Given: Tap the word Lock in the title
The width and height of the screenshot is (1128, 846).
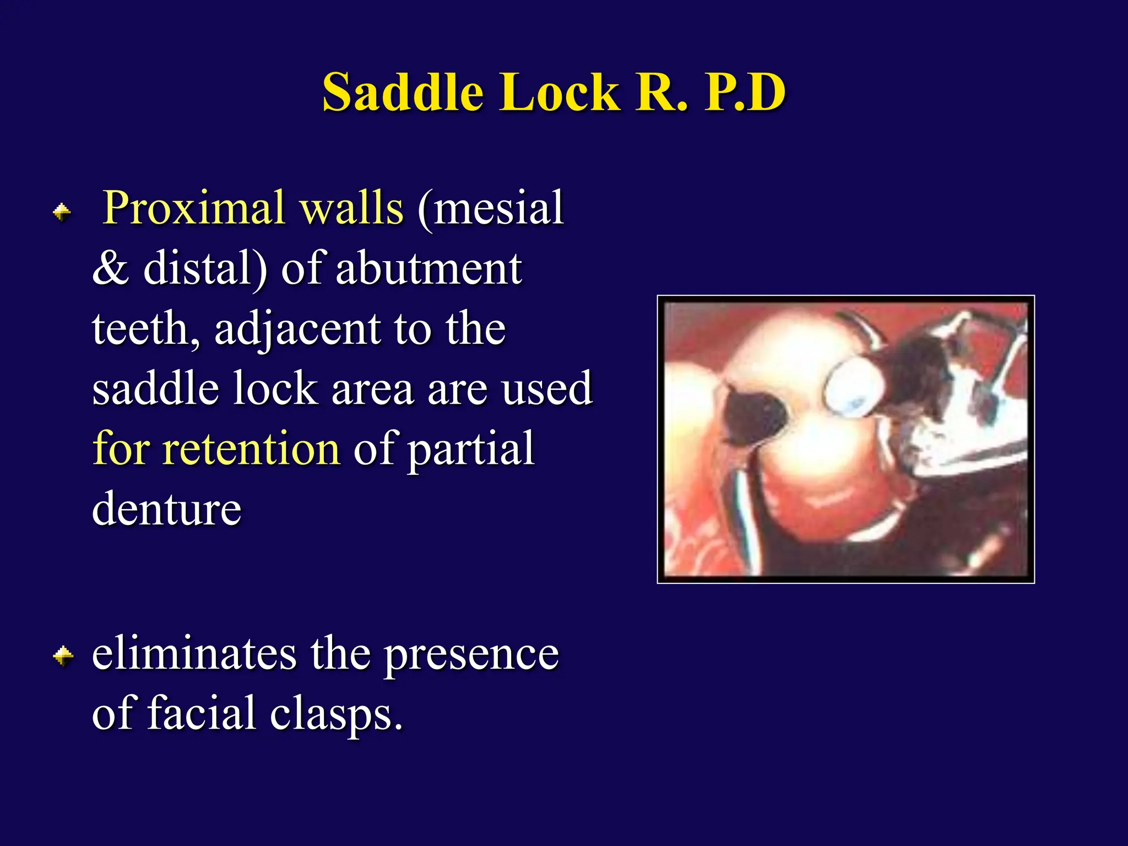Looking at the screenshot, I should click(x=559, y=92).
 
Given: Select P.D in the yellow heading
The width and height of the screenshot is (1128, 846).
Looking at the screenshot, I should click(x=745, y=92).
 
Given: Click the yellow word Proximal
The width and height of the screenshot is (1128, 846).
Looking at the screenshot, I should click(x=194, y=209).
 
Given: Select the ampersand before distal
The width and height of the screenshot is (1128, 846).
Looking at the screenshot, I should click(x=110, y=269).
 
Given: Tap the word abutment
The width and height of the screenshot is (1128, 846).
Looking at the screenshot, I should click(x=429, y=269).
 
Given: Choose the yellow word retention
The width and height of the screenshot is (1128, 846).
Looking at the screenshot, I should click(x=251, y=449).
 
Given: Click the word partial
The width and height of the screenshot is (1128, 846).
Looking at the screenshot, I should click(x=471, y=449).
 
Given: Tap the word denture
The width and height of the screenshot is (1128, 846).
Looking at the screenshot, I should click(x=166, y=509).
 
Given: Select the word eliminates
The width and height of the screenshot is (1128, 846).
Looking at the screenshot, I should click(x=194, y=654).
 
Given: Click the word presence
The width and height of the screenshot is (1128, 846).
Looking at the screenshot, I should click(x=471, y=654).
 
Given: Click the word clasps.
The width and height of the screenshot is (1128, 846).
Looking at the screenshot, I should click(x=336, y=714).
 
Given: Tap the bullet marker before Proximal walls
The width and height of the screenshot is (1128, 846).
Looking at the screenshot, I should click(x=62, y=212).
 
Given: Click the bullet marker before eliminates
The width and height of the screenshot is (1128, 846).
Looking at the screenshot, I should click(x=63, y=655).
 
